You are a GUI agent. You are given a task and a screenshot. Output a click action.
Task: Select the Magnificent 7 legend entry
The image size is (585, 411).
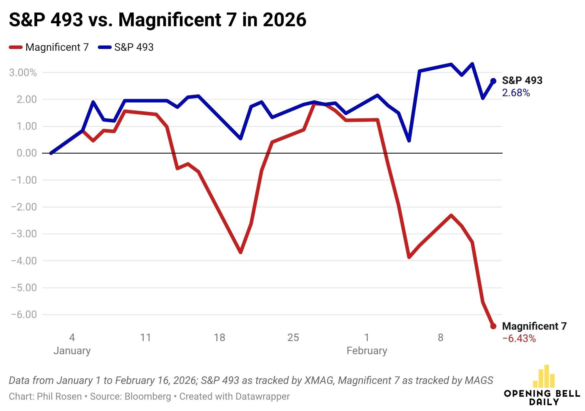click(49, 47)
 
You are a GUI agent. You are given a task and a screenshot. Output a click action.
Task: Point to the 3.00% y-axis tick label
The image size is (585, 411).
click(23, 73)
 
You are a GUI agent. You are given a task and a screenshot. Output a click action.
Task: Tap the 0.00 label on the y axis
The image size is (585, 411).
click(27, 153)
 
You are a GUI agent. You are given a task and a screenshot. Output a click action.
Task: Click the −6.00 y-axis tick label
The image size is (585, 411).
click(24, 315)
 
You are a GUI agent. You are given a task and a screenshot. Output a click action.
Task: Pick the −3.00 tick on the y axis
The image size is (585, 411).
click(24, 234)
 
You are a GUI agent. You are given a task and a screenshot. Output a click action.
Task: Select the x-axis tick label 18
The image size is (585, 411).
click(219, 337)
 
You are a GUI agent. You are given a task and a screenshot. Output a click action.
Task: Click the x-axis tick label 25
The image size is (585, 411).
click(293, 337)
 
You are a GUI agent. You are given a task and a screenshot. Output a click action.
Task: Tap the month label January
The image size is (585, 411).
click(72, 350)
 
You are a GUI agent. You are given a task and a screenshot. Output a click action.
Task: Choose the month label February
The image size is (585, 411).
click(367, 350)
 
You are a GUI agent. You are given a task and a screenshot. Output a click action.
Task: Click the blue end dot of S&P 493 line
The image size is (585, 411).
click(493, 81)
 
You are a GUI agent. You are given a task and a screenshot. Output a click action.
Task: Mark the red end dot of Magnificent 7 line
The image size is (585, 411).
click(493, 326)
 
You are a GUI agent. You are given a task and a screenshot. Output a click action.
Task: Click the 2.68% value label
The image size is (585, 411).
click(516, 93)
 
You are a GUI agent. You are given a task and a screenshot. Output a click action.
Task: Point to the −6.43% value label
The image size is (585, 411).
click(519, 338)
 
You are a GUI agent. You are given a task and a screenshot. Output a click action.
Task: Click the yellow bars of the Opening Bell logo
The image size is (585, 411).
click(544, 376)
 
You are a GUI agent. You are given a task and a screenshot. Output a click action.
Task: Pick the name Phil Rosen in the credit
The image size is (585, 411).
click(59, 396)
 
